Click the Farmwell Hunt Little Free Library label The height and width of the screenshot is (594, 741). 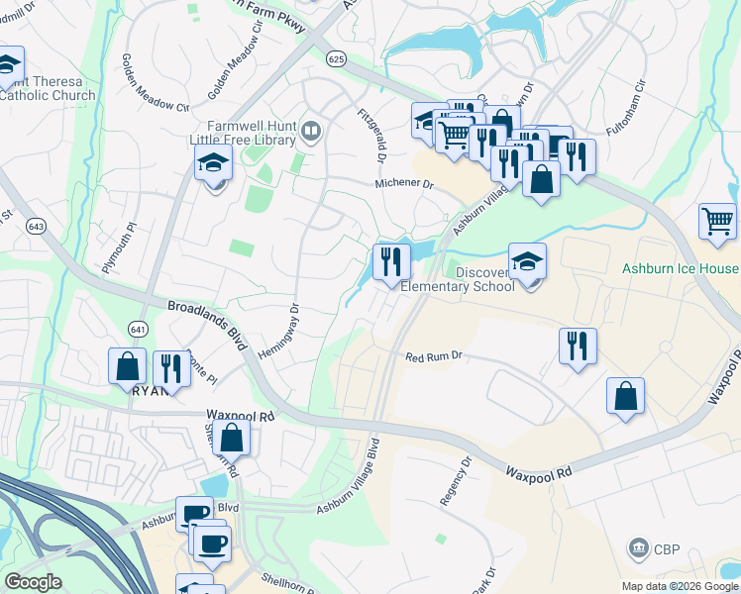[x=245, y=133]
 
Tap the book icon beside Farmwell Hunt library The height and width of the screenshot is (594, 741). [x=311, y=131]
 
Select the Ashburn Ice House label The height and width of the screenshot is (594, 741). [x=680, y=269]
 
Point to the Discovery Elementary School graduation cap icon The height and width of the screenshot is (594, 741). [x=528, y=261]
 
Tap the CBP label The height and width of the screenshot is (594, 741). [x=665, y=547]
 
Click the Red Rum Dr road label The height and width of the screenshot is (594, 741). [x=434, y=356]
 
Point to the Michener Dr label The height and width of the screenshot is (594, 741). [x=404, y=184]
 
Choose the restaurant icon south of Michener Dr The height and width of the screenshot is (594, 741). [x=391, y=261]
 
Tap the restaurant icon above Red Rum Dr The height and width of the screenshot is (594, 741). [x=577, y=346]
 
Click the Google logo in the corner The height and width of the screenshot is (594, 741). [x=33, y=582]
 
